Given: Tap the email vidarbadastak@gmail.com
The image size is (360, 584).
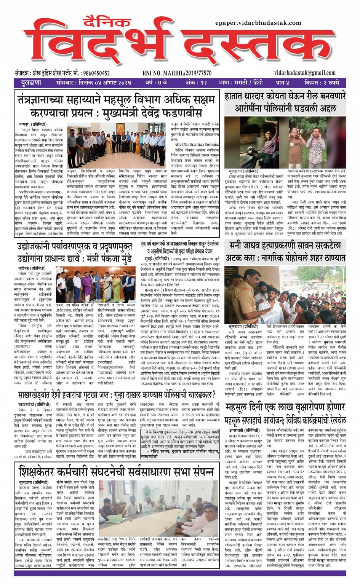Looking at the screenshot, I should point(305,73).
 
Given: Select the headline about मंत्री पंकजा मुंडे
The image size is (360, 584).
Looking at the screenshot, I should point(74,253).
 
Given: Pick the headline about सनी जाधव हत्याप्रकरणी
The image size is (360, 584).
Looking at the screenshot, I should point(285,252).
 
